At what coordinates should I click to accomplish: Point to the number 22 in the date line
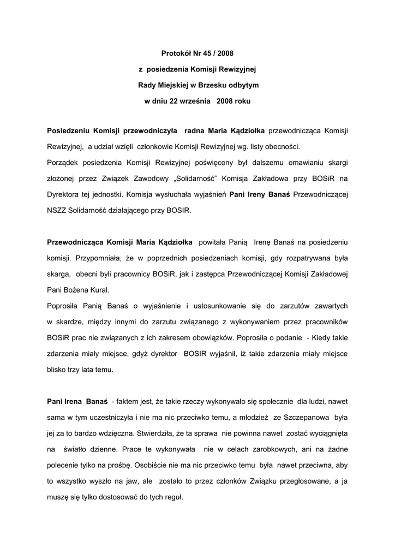[172, 101]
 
